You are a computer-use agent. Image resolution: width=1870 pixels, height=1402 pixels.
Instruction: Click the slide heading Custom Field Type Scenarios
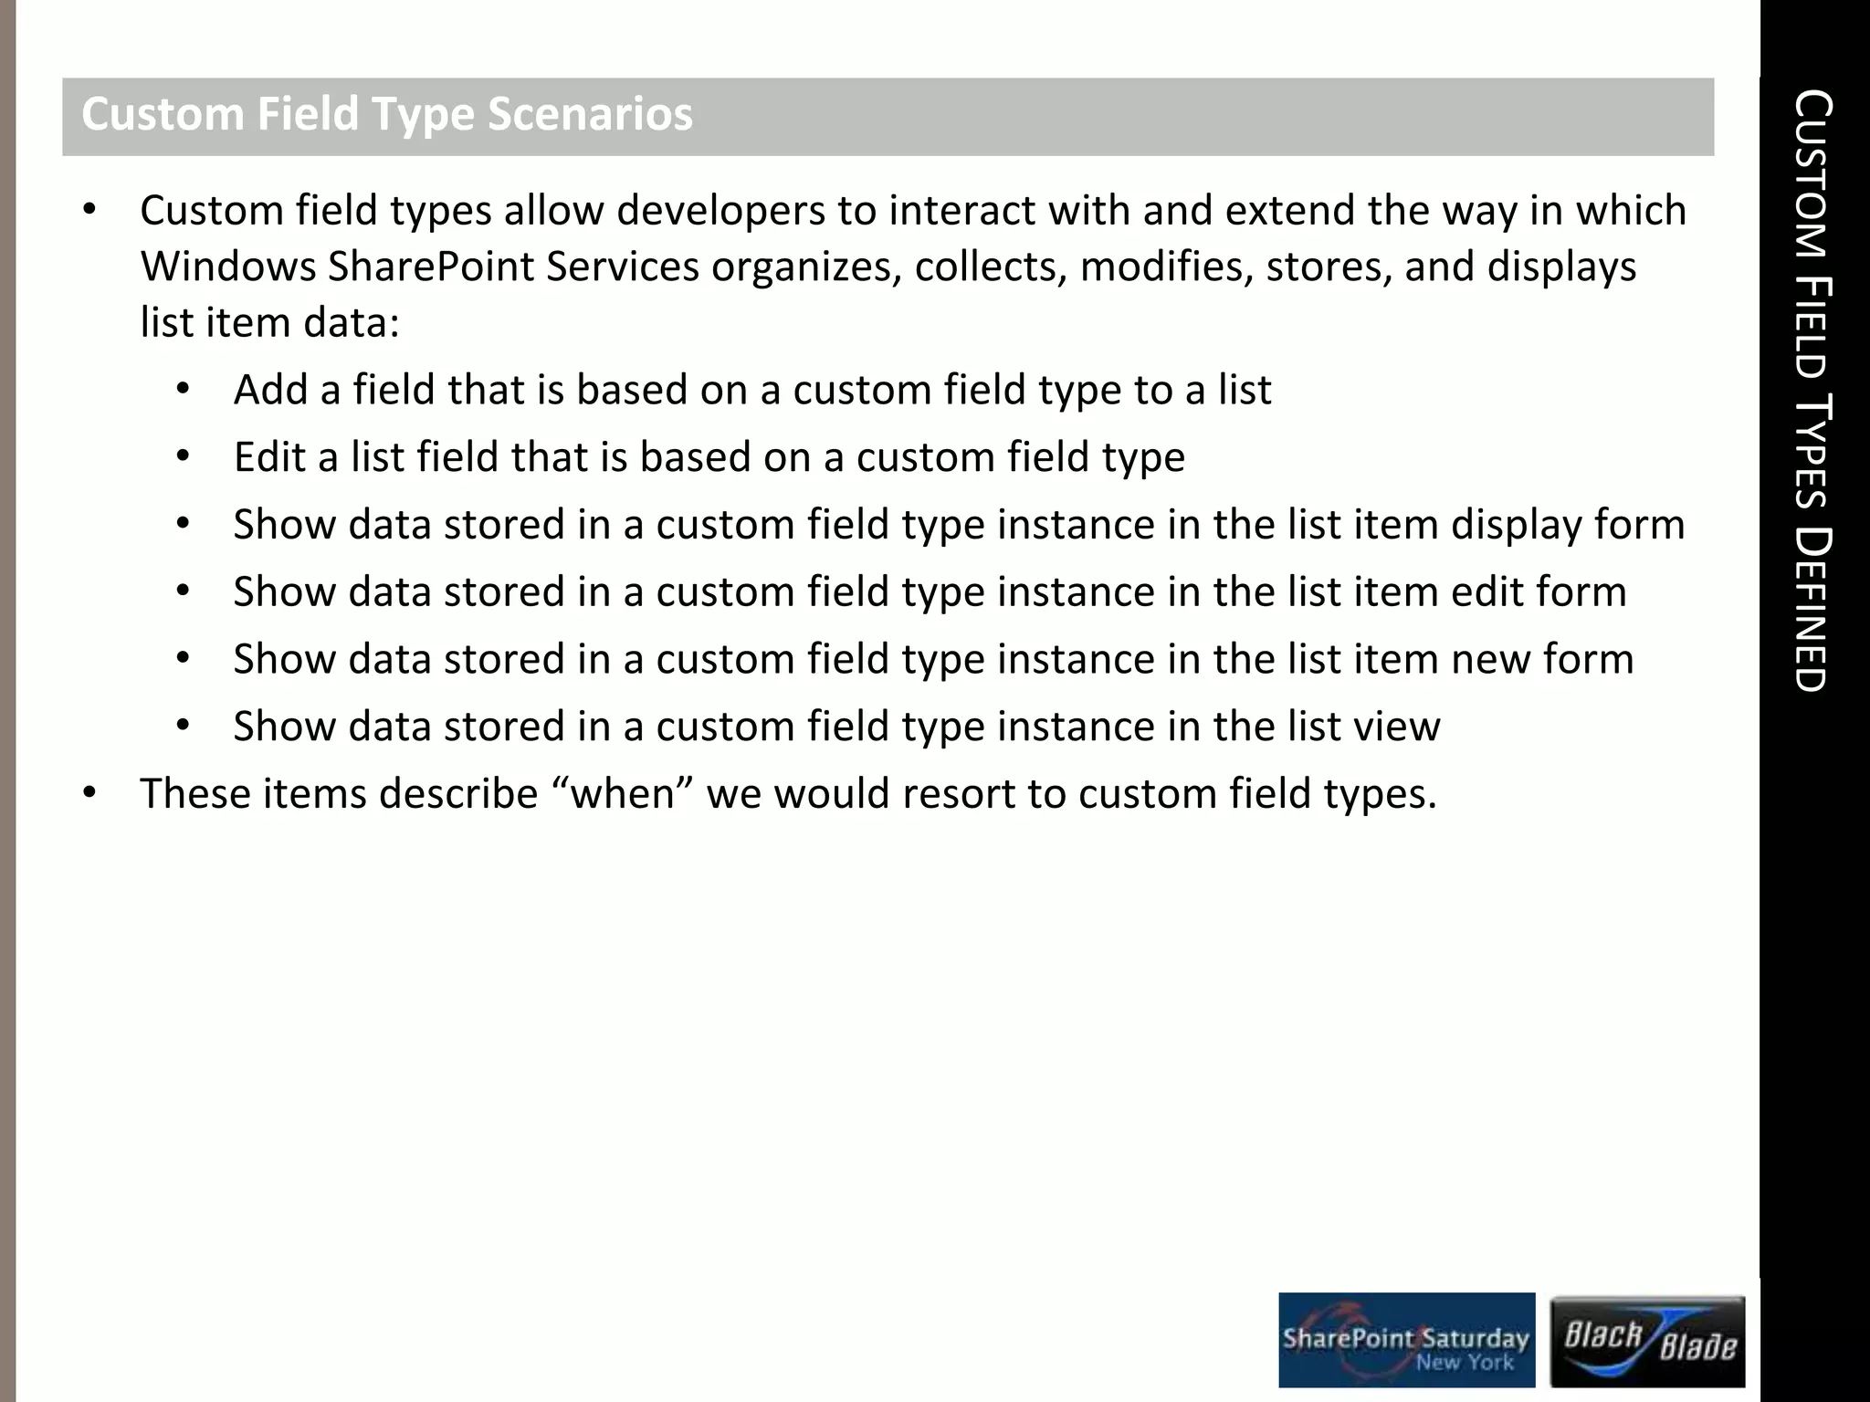(x=387, y=115)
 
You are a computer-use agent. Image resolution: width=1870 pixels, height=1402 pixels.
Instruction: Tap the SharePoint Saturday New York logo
(x=1406, y=1340)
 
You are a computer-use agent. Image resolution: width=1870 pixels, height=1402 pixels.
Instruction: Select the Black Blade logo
(x=1648, y=1341)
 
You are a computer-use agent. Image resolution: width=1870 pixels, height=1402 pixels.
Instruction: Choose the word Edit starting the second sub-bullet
(x=269, y=457)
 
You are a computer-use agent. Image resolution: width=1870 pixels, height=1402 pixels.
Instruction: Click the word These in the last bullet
(x=195, y=793)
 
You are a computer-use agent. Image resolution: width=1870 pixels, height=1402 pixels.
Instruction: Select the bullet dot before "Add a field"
(x=183, y=390)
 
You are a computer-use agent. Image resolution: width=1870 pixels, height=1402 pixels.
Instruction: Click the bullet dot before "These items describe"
(x=89, y=793)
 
